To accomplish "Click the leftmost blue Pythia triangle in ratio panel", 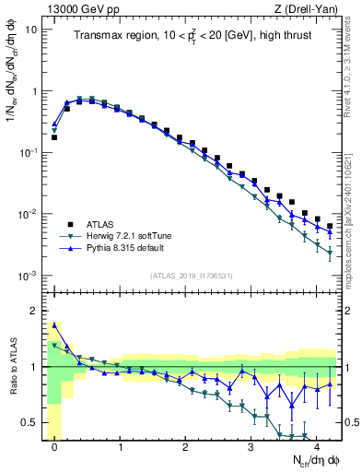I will [54, 324].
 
